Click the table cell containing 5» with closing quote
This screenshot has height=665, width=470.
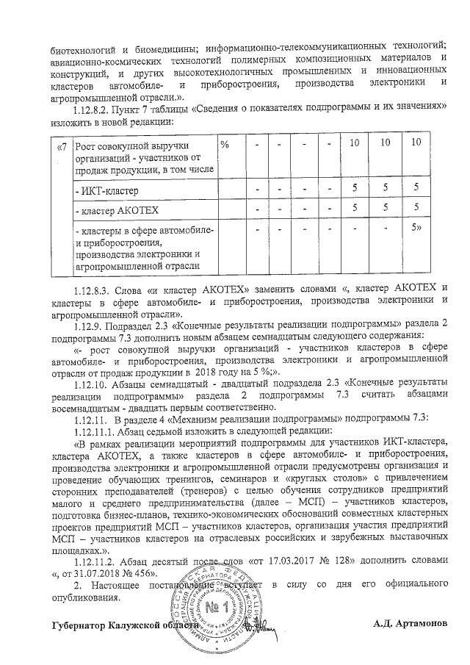click(x=416, y=227)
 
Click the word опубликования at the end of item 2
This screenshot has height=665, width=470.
click(x=84, y=597)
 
